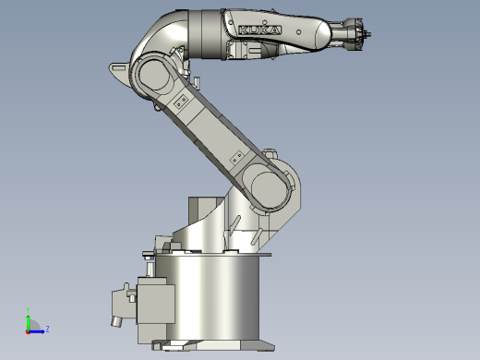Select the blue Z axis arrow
click(x=38, y=329)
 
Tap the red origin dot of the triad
click(x=29, y=330)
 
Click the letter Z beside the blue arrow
click(x=47, y=328)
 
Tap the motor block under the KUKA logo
click(x=245, y=51)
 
